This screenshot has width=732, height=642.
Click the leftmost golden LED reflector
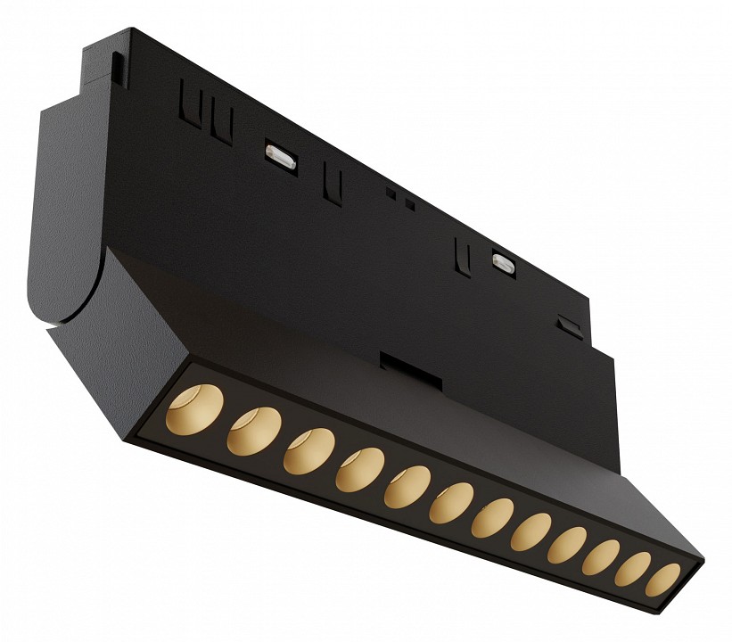[x=195, y=408]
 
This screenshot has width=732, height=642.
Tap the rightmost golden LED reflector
[x=662, y=580]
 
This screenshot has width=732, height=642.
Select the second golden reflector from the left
[x=253, y=430]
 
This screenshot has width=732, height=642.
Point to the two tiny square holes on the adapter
[x=400, y=198]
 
